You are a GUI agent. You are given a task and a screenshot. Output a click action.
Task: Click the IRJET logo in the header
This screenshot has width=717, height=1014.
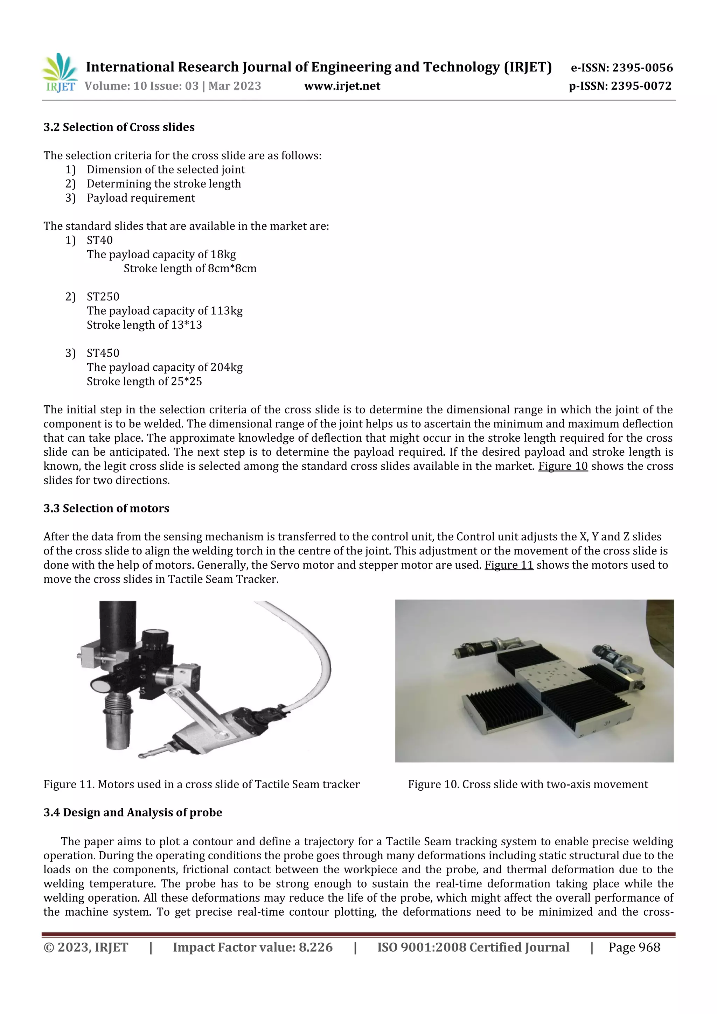[60, 73]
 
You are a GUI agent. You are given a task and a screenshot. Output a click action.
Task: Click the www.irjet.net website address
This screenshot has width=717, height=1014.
[342, 86]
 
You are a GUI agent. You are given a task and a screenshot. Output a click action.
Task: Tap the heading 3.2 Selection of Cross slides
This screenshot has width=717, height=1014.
[119, 127]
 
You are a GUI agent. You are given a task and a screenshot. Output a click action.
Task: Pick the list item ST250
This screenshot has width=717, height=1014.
[103, 296]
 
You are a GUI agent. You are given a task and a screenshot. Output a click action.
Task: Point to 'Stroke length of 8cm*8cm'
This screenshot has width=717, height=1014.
[190, 268]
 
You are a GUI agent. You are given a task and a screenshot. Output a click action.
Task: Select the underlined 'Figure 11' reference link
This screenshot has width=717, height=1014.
[509, 565]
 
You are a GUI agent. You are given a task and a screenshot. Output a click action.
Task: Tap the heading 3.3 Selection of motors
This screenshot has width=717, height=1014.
[106, 508]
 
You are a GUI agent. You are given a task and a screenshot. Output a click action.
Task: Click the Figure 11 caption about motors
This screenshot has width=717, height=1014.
[201, 784]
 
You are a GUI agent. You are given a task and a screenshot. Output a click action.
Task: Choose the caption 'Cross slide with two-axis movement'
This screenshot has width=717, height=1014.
[528, 784]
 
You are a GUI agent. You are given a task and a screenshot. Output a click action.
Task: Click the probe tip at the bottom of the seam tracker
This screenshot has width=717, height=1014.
[142, 756]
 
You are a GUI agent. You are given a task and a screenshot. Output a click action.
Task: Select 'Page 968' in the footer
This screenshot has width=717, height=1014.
[634, 947]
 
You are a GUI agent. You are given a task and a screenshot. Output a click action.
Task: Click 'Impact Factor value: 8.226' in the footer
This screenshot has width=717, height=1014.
[252, 947]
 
